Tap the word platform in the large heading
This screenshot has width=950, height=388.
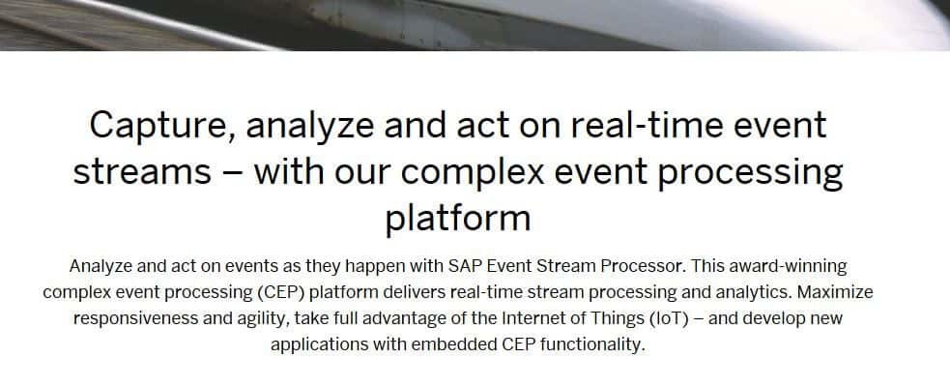tap(458, 220)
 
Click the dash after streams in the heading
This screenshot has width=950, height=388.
tap(233, 174)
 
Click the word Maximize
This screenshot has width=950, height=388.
tap(835, 292)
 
